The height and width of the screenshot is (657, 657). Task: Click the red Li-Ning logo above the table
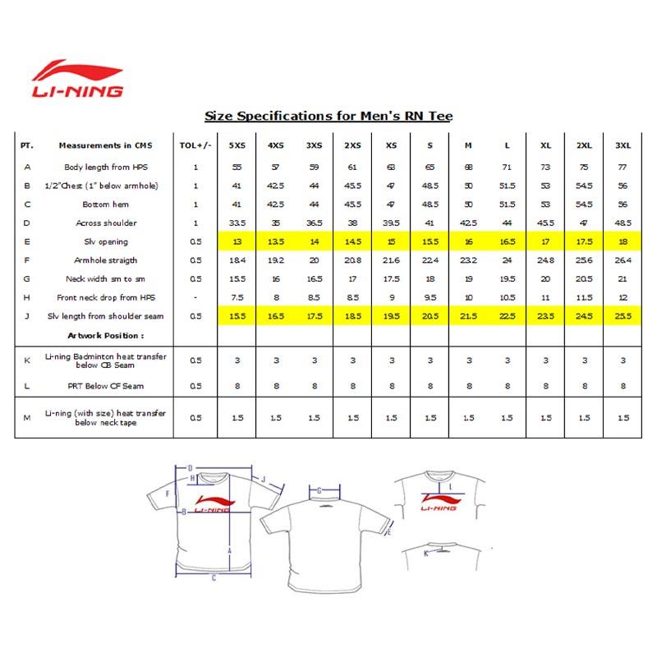click(77, 79)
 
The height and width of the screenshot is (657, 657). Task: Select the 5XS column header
click(237, 145)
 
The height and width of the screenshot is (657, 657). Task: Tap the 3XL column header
click(623, 145)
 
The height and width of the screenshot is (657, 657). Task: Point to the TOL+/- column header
click(195, 145)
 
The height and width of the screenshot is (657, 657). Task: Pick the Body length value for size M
click(468, 166)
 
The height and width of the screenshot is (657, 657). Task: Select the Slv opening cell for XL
click(545, 241)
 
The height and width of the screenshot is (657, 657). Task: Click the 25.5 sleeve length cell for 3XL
click(623, 316)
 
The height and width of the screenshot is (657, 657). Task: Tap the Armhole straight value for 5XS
click(237, 260)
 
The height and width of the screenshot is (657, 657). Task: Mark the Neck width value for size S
click(430, 279)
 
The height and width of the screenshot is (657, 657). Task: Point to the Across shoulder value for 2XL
click(584, 223)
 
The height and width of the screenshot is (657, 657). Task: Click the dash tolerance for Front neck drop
click(195, 297)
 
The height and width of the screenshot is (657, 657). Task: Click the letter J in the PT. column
click(28, 316)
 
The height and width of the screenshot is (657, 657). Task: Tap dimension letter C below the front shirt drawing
click(214, 577)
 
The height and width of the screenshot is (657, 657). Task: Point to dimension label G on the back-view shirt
click(319, 490)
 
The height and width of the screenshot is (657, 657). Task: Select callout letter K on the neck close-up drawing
click(425, 554)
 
